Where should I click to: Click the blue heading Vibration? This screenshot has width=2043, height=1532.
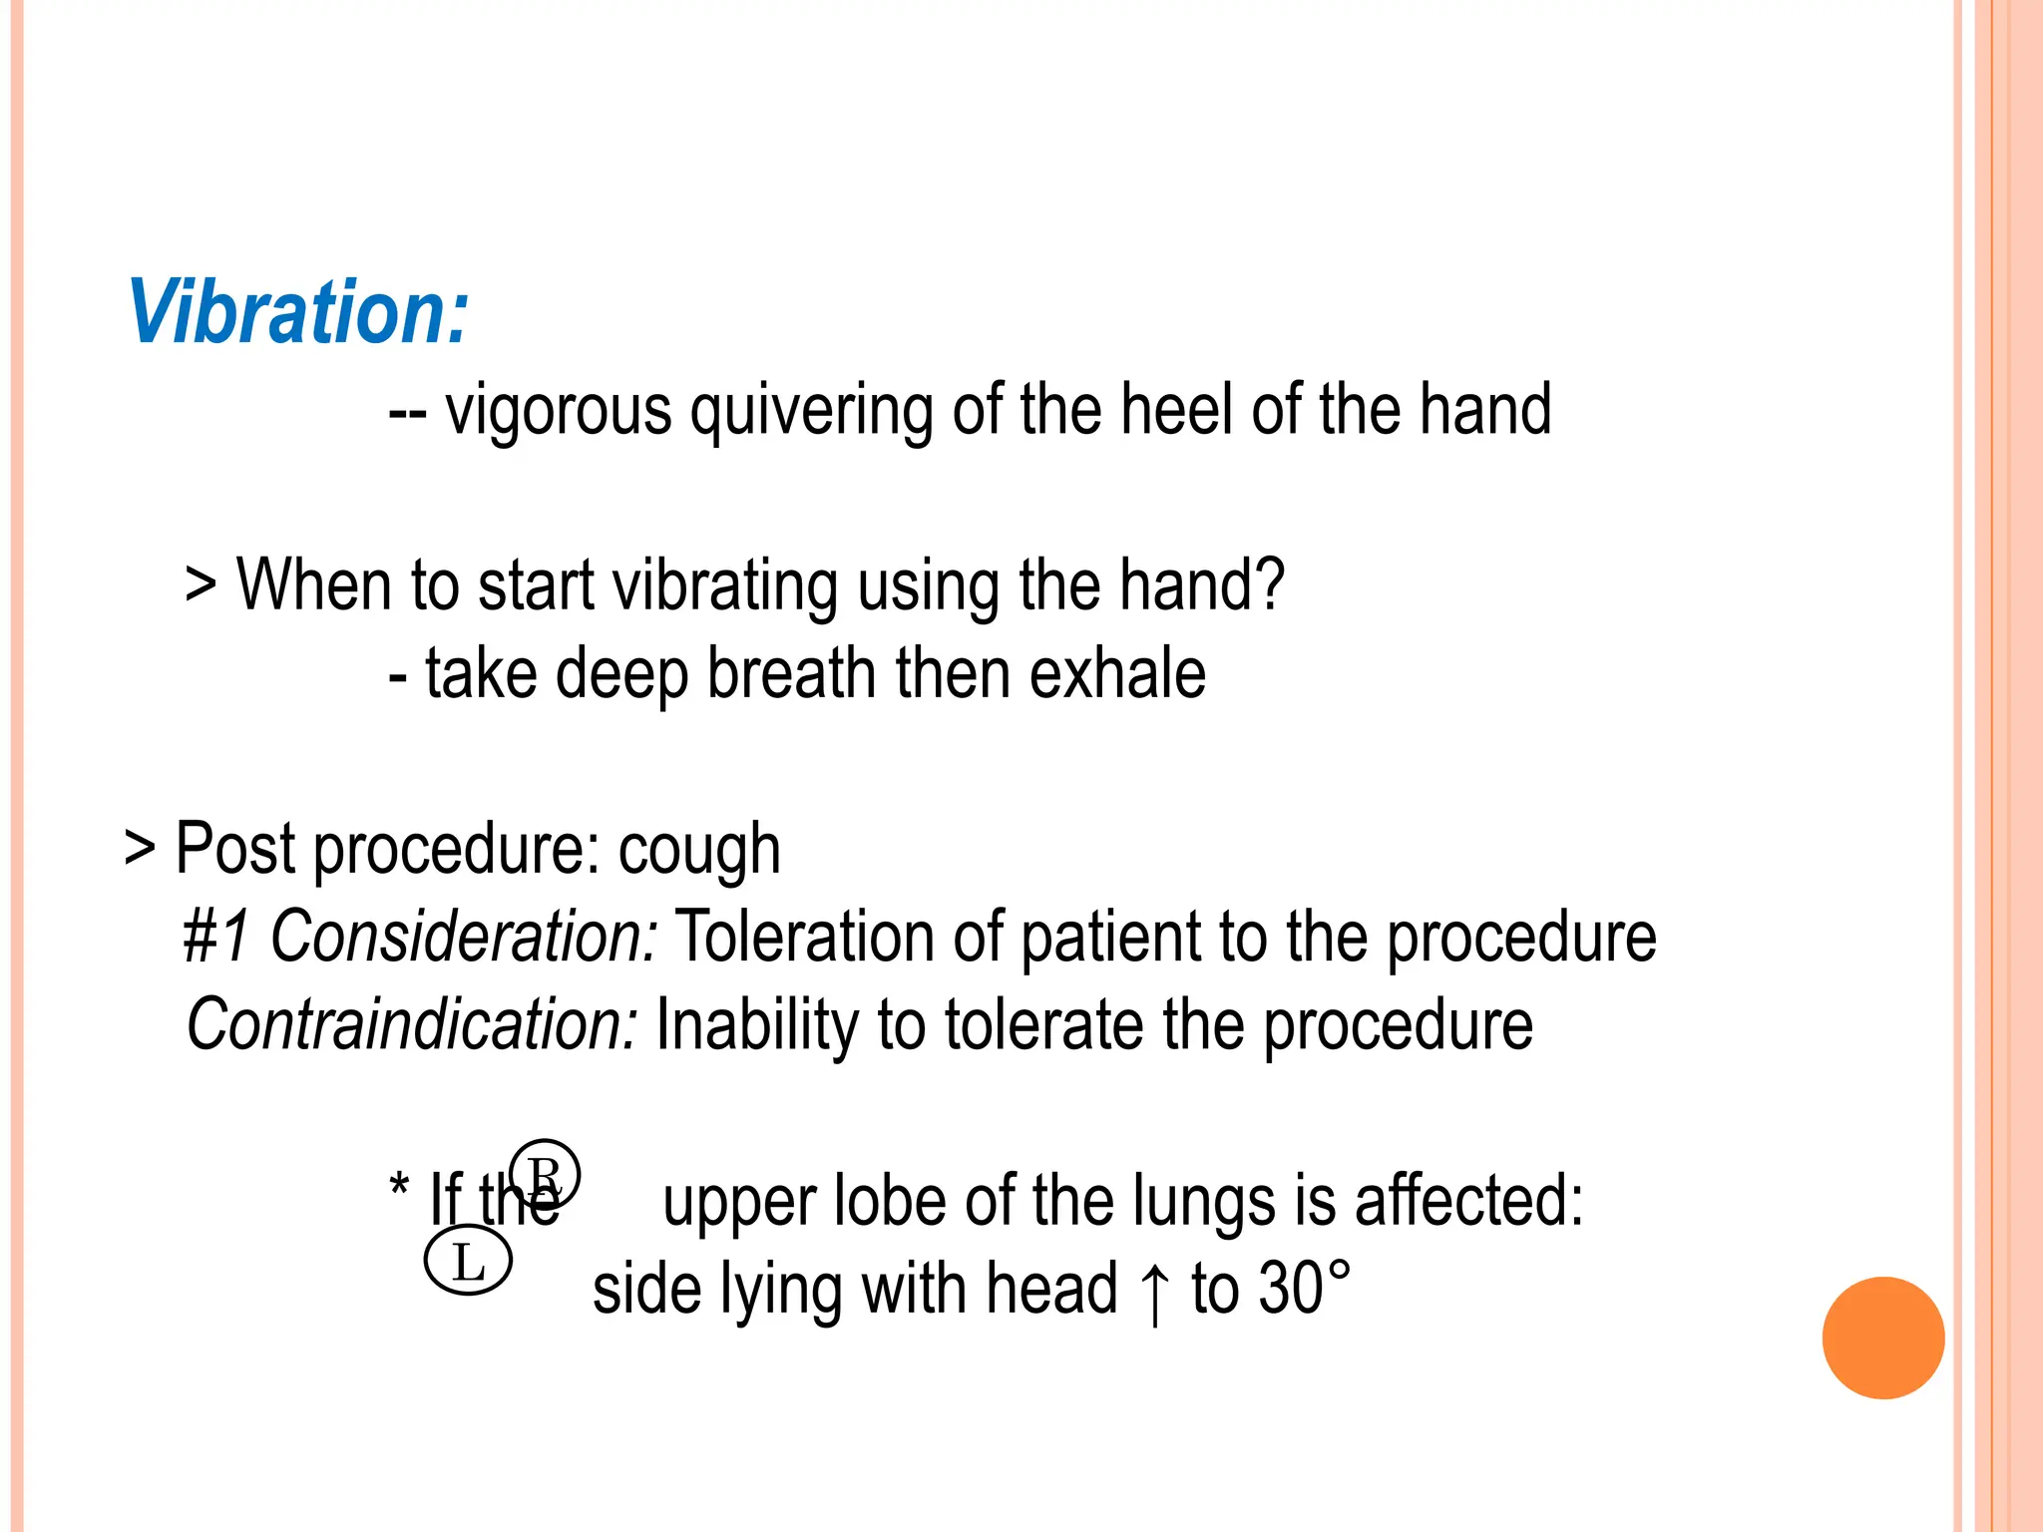point(297,312)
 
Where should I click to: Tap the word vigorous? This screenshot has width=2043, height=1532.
point(559,410)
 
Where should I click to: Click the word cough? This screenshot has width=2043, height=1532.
point(698,851)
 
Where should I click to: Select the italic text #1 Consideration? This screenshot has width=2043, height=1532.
point(420,937)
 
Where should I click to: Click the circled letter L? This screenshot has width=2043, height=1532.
point(468,1262)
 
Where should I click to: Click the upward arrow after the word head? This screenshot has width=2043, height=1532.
point(1154,1291)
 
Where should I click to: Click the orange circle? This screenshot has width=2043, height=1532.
point(1882,1338)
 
